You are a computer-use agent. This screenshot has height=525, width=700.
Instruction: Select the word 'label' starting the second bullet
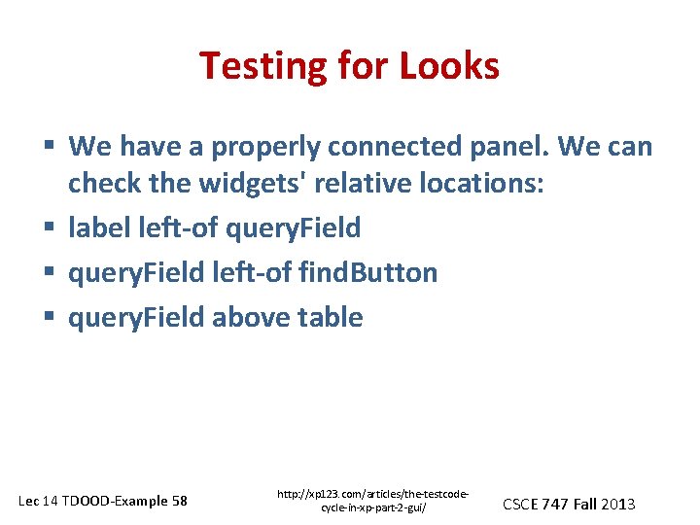(x=94, y=228)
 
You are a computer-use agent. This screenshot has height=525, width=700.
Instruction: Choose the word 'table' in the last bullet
(x=332, y=318)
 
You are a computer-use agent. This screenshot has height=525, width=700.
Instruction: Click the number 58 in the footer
(x=179, y=502)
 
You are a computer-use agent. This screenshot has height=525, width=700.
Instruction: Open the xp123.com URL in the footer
(x=373, y=502)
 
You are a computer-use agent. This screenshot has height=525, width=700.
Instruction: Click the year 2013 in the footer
(x=618, y=504)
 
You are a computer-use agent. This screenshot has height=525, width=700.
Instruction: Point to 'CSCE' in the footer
(x=521, y=504)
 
